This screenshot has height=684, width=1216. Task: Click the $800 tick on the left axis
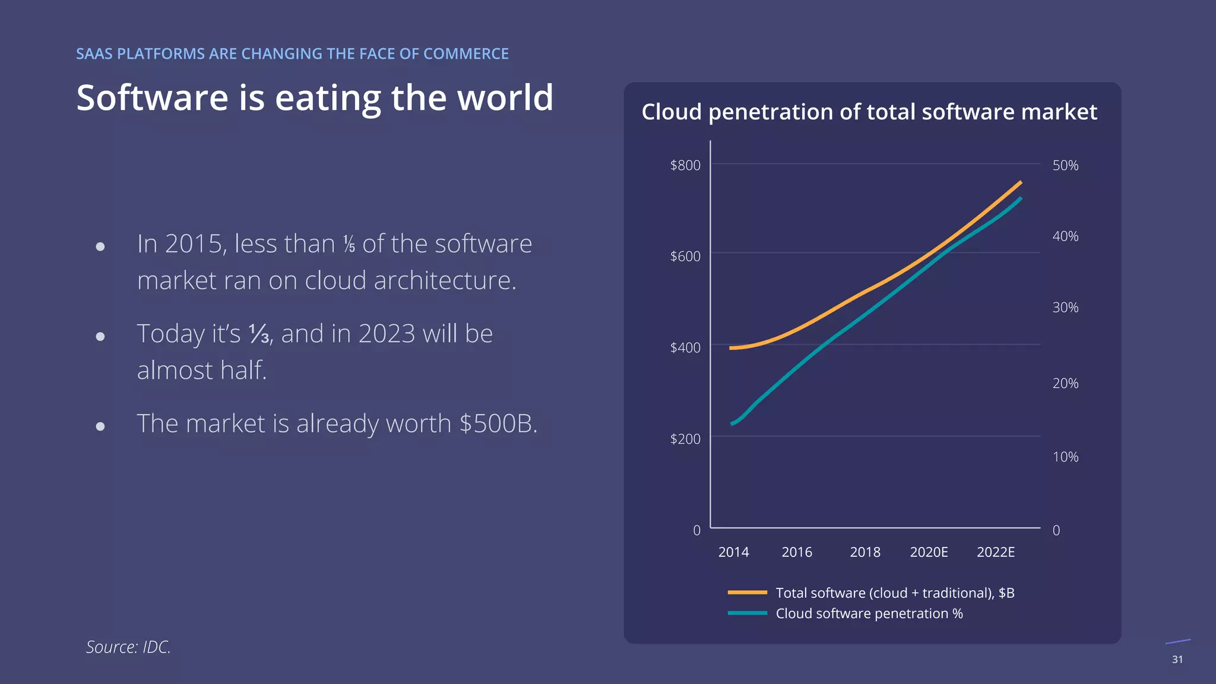coord(685,165)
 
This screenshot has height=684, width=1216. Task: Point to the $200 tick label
coord(685,439)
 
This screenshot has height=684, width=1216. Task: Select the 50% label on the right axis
coord(1065,165)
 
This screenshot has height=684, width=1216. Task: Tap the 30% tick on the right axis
coord(1065,308)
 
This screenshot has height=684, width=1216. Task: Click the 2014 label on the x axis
coord(733,552)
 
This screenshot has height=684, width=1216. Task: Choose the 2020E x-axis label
coord(929,552)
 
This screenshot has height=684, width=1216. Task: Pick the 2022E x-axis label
coord(996,552)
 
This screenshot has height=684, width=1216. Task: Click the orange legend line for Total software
coord(748,593)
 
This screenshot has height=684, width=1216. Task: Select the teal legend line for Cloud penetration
coord(748,613)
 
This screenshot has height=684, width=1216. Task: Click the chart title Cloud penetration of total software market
coord(869,112)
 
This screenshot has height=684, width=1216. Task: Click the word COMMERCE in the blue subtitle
coord(466,54)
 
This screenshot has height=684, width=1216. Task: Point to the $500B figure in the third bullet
coord(498,423)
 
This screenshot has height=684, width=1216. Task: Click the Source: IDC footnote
coord(128,647)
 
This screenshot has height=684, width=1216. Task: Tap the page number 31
coord(1177,660)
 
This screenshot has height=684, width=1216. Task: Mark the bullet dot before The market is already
coord(100,426)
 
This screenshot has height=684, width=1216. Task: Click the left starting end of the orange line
coord(731,348)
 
